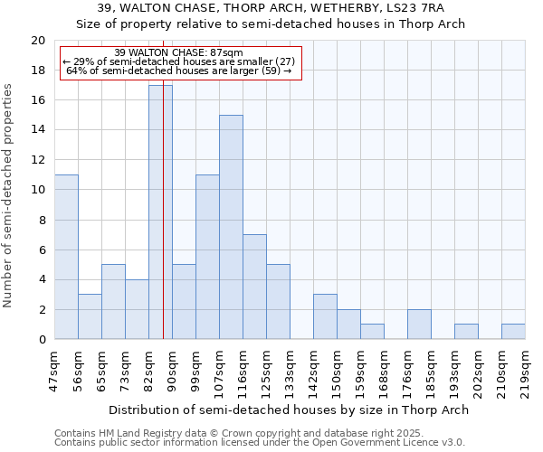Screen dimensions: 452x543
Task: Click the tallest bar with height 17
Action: [x=160, y=212]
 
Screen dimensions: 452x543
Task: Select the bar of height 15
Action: [x=231, y=227]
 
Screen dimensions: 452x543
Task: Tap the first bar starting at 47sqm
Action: [x=66, y=257]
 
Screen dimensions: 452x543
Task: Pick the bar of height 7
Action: [x=254, y=287]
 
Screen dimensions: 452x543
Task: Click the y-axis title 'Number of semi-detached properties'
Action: [x=9, y=195]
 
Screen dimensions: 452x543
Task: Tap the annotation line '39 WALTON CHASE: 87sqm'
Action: [x=179, y=53]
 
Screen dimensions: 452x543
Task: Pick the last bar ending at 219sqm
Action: [x=513, y=332]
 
